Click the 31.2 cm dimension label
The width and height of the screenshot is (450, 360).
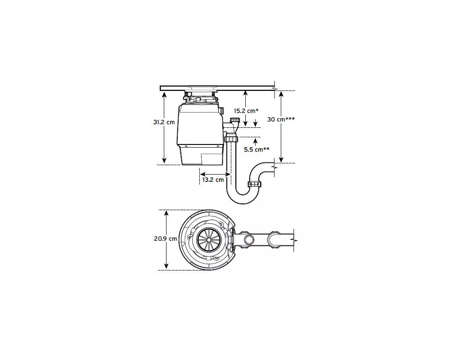coord(164,122)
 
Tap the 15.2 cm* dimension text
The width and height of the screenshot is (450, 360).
coord(246,111)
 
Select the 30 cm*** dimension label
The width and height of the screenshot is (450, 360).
coord(281,119)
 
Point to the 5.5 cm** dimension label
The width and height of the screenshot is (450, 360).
coord(256,149)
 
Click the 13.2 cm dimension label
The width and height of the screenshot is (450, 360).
coord(213,180)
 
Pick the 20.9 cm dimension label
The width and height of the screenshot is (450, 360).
coord(165,238)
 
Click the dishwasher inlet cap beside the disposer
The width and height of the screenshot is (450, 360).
coord(236,119)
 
